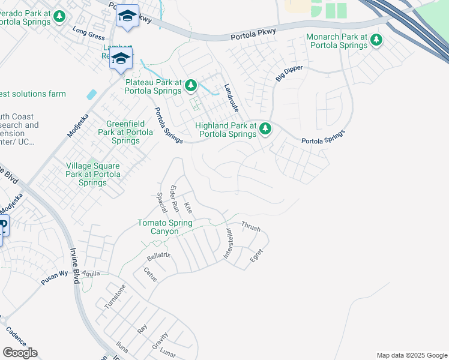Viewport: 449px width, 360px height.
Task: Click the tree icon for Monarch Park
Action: point(376,40)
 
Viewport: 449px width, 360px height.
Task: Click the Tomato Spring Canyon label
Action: point(165,227)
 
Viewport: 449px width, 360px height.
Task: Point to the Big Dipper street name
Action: point(289,74)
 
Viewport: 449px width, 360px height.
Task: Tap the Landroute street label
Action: point(231,98)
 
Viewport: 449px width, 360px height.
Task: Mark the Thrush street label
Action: point(251,227)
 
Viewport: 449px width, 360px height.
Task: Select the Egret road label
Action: point(256,255)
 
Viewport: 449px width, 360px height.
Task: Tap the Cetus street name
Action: point(149,274)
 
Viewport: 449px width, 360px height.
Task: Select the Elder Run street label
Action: point(175,199)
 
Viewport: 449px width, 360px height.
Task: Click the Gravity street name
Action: point(160,342)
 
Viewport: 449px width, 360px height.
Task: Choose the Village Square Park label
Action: point(93,174)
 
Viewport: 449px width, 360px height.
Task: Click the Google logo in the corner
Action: point(20,353)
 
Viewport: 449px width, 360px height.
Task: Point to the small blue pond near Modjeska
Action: point(91,94)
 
